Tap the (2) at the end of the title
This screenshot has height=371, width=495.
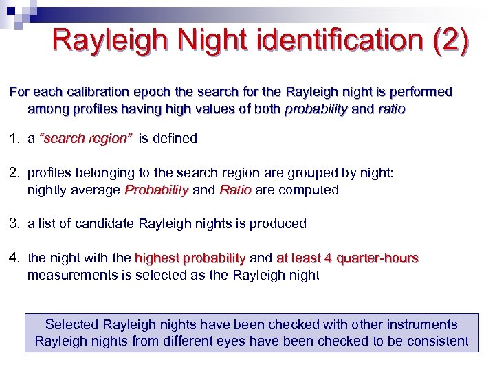(451, 40)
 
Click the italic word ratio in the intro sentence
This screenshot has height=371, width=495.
(391, 109)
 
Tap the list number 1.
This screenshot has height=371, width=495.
(14, 138)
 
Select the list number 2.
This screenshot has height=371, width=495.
(14, 173)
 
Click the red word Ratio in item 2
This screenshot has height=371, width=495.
(235, 190)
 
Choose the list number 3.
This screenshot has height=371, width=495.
(14, 223)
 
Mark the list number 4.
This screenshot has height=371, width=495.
(14, 258)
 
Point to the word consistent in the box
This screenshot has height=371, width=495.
(438, 341)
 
